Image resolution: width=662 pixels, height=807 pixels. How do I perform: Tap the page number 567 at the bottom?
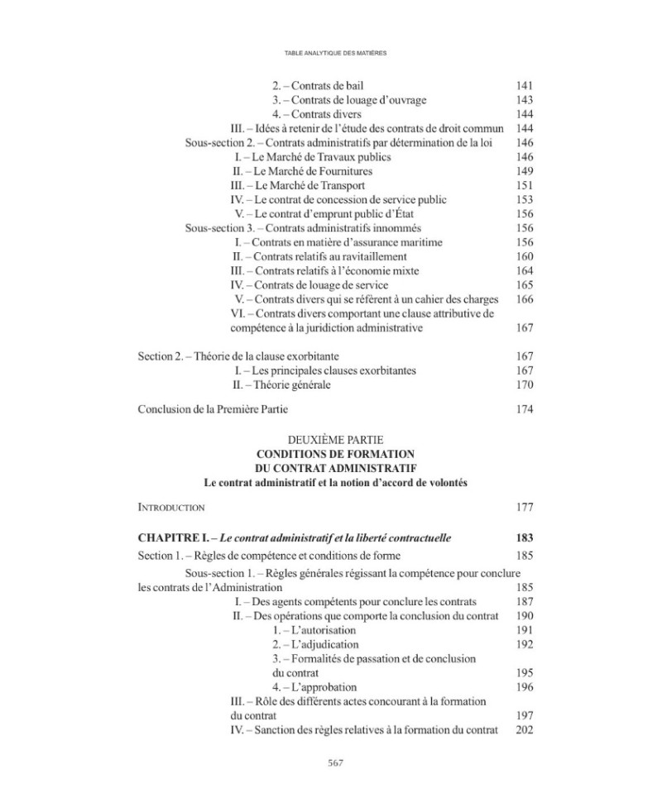[x=330, y=762]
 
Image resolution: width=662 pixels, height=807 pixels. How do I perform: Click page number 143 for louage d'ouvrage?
[x=524, y=100]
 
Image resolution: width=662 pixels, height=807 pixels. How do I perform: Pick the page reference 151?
[x=524, y=185]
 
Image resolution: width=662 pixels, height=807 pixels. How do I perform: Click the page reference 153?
[x=524, y=199]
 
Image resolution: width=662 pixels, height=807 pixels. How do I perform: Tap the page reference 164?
[x=524, y=270]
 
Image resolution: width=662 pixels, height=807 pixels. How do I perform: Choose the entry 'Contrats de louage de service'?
[x=309, y=285]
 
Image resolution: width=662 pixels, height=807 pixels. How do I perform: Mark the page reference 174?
[x=524, y=409]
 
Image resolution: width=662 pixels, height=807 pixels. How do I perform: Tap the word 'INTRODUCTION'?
[x=170, y=507]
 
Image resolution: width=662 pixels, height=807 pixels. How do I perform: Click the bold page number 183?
[x=524, y=538]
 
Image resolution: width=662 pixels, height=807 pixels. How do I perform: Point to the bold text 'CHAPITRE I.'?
[x=170, y=538]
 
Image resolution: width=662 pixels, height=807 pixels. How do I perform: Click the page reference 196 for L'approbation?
[x=524, y=687]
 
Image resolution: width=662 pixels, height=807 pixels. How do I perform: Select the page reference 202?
[x=524, y=729]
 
